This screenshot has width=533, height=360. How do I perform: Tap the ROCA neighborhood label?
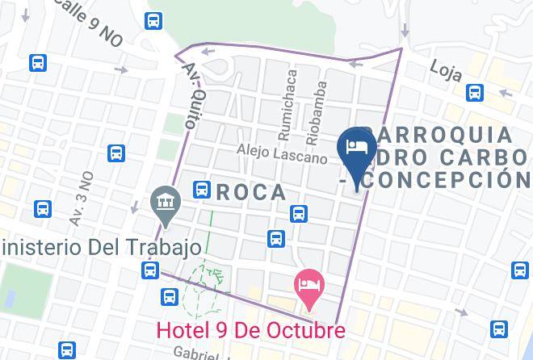coord(250,192)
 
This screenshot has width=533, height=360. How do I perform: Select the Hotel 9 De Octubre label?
coord(250,329)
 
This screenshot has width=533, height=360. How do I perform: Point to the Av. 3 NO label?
coord(82,198)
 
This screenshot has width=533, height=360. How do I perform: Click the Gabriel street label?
coord(196,353)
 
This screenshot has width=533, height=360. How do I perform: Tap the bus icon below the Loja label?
coord(476,94)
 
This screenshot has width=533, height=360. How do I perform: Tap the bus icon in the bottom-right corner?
coord(499,329)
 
